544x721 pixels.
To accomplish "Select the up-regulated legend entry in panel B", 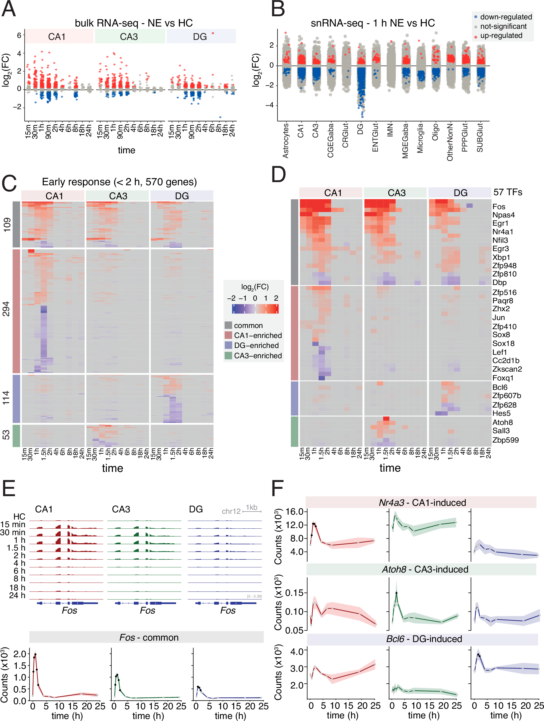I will click(501, 36).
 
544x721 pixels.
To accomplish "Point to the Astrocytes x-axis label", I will click(286, 140).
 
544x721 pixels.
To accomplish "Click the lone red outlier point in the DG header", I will click(213, 33).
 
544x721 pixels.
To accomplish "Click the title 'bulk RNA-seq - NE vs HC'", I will click(134, 23).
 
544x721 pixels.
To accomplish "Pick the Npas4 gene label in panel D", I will click(504, 215).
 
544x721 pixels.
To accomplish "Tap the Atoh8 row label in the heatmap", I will click(502, 422).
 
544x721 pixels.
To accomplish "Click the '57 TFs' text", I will click(508, 192).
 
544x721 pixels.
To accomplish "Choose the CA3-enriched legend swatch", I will click(228, 355).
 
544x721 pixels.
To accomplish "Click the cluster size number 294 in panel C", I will click(6, 309).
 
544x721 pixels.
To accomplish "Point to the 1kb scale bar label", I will click(251, 507).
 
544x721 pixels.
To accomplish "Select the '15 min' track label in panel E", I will click(13, 524).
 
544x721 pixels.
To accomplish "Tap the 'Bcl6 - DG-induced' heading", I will click(424, 639).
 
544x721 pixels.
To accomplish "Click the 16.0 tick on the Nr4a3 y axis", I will click(294, 512).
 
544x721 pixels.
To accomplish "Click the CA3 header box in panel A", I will click(129, 36).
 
